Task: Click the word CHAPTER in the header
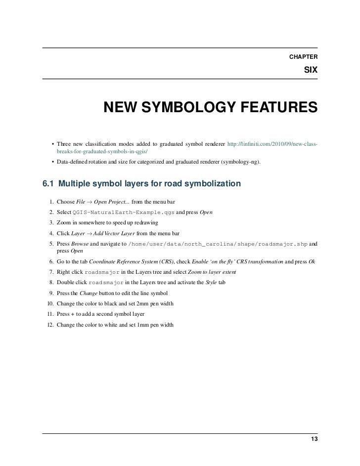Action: click(x=303, y=57)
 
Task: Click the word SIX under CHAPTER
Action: click(x=310, y=71)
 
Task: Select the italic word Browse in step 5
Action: click(x=80, y=244)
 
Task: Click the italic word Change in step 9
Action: click(x=87, y=293)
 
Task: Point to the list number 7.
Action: click(x=51, y=271)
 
